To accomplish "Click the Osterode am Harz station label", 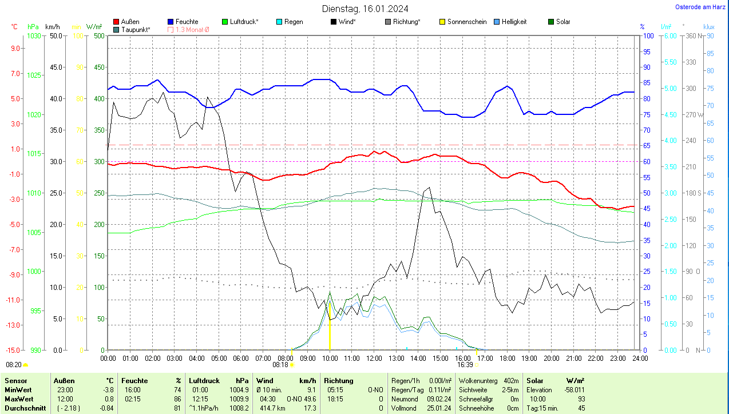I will coord(700,7).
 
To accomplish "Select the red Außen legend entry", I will coord(130,22).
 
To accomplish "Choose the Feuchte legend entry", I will coord(187,22).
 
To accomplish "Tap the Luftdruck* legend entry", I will coord(244,22).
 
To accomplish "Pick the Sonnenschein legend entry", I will coord(467,22).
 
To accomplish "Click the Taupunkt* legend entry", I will coord(136,29).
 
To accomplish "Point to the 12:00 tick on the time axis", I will coord(374,358).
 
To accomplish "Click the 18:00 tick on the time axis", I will coord(507,358).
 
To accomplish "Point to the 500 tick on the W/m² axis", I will coord(99,35).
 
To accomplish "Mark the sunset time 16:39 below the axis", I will coord(465,364).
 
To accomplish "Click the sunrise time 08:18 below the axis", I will coord(280,364).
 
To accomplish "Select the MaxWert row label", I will coord(18,399).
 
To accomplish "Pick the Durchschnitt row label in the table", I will coord(22,408).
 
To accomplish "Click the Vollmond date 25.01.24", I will coord(439,408).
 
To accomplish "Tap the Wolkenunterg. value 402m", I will coord(511,380).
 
